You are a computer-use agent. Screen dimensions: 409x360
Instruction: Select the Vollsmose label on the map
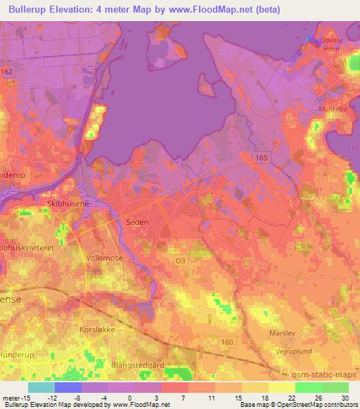point(104,258)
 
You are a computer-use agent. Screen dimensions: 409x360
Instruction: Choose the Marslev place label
point(283,332)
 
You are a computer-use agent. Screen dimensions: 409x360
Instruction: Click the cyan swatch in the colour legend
point(41,387)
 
